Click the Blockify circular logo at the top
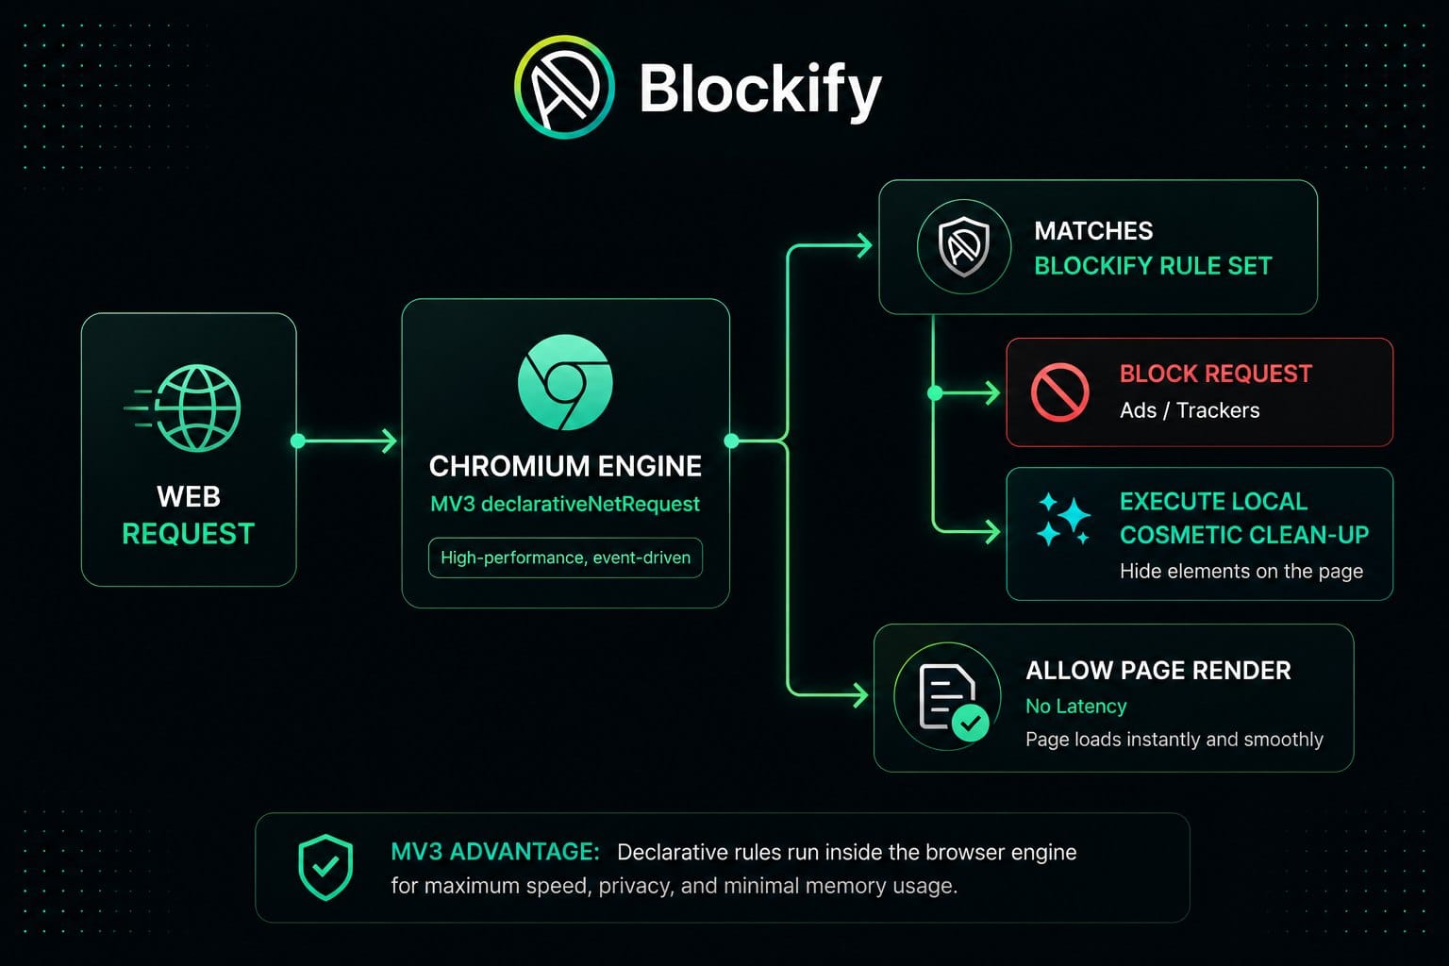[564, 87]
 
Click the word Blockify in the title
[760, 90]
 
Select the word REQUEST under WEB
[189, 534]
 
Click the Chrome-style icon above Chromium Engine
[565, 382]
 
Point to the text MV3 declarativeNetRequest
[565, 504]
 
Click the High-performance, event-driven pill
[565, 558]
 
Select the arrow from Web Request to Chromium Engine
[346, 441]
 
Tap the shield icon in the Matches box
[964, 246]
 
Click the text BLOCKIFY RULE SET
[1153, 266]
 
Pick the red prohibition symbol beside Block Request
[1059, 392]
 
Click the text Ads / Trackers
[1190, 410]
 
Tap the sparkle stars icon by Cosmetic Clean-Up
[1063, 520]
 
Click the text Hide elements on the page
[1241, 572]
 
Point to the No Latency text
[1075, 706]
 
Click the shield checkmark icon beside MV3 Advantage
[325, 868]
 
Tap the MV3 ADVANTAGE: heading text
[495, 852]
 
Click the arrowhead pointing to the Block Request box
[991, 392]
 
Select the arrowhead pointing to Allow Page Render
[860, 695]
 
